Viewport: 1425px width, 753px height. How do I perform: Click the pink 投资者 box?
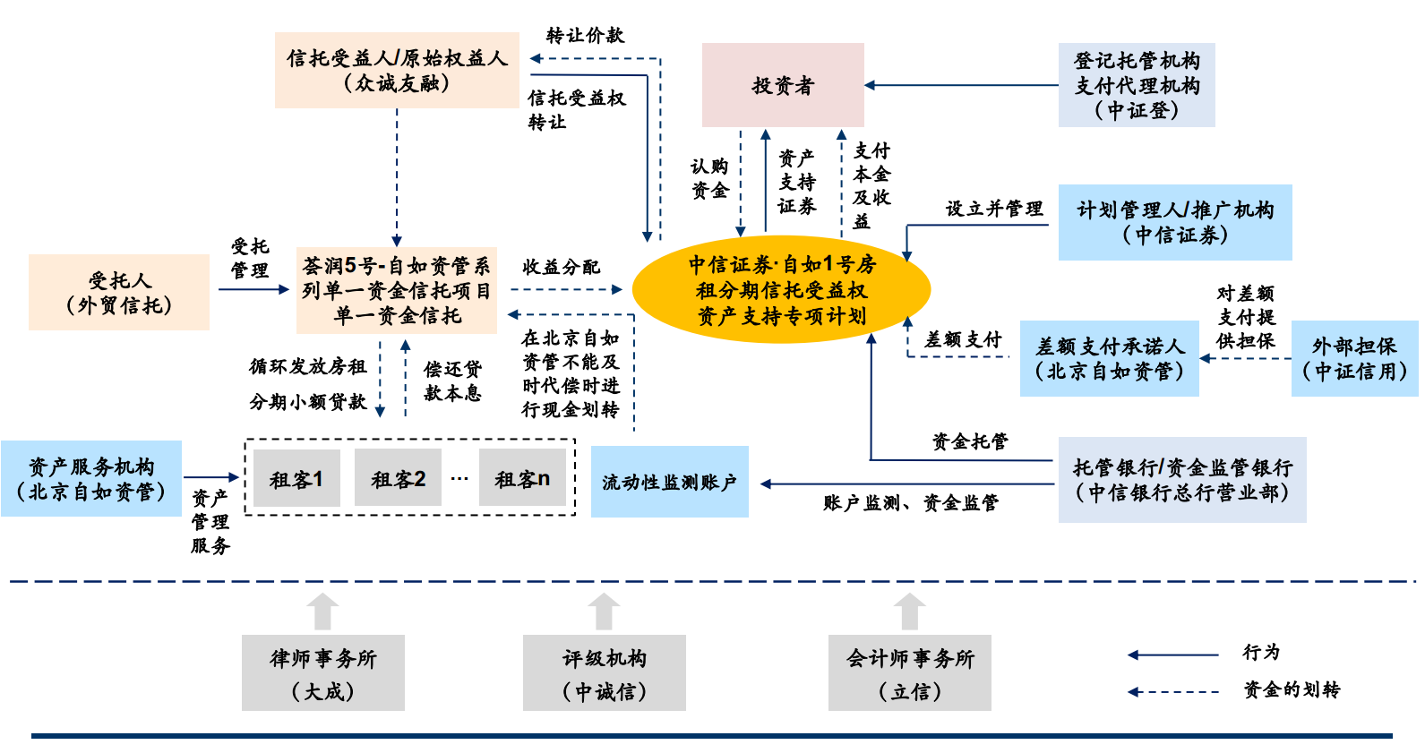tap(783, 85)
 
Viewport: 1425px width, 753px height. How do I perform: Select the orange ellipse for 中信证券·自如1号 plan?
tap(781, 290)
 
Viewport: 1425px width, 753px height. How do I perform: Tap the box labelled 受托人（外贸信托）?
tap(119, 293)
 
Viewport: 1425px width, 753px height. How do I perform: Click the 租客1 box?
tap(296, 479)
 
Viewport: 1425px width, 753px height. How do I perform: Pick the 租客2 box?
tap(398, 479)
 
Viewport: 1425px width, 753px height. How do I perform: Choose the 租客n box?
tap(522, 479)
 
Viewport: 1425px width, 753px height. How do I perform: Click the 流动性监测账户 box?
tap(669, 482)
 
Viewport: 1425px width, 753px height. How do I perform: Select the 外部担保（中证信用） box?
tap(1354, 358)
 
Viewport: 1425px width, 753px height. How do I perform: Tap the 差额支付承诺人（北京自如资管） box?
tap(1109, 358)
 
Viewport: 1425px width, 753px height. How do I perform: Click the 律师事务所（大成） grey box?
tap(322, 673)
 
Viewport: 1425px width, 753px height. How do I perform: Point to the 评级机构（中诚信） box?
tap(604, 673)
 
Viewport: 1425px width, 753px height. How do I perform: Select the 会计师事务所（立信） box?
tap(909, 673)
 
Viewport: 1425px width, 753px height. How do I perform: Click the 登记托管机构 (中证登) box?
tap(1137, 85)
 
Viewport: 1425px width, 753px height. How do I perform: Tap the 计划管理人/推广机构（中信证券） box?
tap(1175, 222)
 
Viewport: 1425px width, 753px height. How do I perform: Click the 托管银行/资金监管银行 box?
tap(1182, 480)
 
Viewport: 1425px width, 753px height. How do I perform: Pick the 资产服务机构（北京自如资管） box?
tap(91, 479)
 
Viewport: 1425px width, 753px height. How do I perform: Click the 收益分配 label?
tap(561, 267)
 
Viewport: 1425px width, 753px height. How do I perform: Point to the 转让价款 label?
tap(585, 36)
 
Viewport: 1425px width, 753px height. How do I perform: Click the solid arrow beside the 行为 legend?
tap(1172, 655)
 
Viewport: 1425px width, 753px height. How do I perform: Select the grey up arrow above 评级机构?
tap(604, 612)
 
